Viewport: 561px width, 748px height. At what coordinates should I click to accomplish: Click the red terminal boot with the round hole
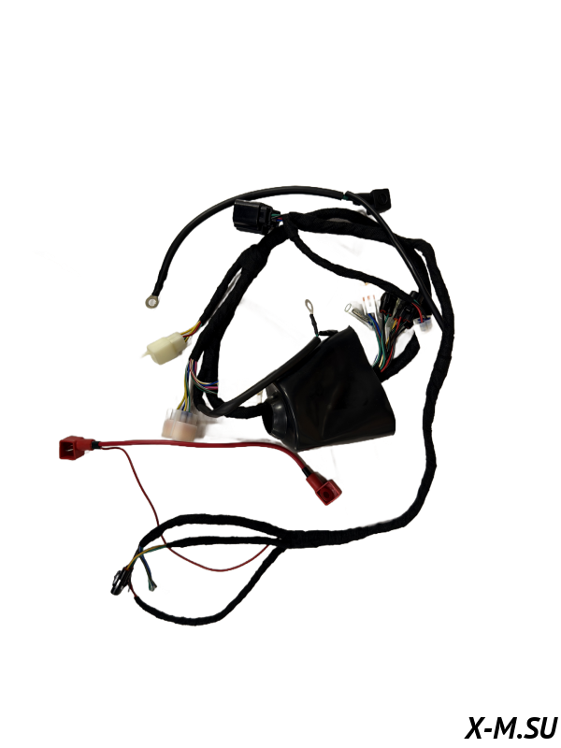coord(324,487)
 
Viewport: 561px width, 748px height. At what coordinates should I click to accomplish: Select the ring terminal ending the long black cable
coord(152,301)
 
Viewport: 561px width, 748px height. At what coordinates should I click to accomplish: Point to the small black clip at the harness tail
coord(117,583)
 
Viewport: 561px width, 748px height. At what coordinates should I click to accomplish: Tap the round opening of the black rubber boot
coord(277,410)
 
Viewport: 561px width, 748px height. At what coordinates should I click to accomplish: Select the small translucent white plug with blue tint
coord(424,324)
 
